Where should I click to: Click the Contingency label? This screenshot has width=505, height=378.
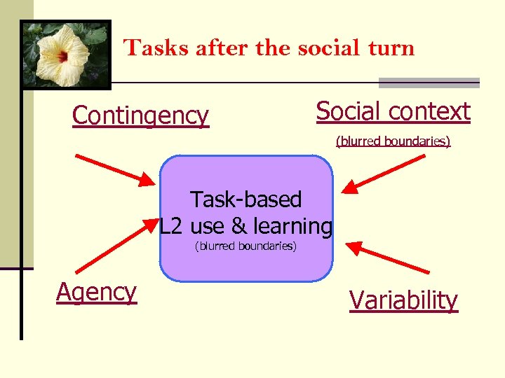140,116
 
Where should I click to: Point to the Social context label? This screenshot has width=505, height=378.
393,111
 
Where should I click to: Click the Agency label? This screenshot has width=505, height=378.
96,292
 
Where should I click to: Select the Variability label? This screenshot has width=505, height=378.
403,300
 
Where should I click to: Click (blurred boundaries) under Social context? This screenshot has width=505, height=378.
393,141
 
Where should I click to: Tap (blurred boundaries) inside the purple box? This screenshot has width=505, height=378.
245,246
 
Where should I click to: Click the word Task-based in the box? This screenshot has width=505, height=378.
245,199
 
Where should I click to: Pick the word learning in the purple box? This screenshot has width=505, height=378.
292,226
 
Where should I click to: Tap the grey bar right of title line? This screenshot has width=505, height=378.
429,83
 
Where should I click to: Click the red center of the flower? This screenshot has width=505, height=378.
62,55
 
